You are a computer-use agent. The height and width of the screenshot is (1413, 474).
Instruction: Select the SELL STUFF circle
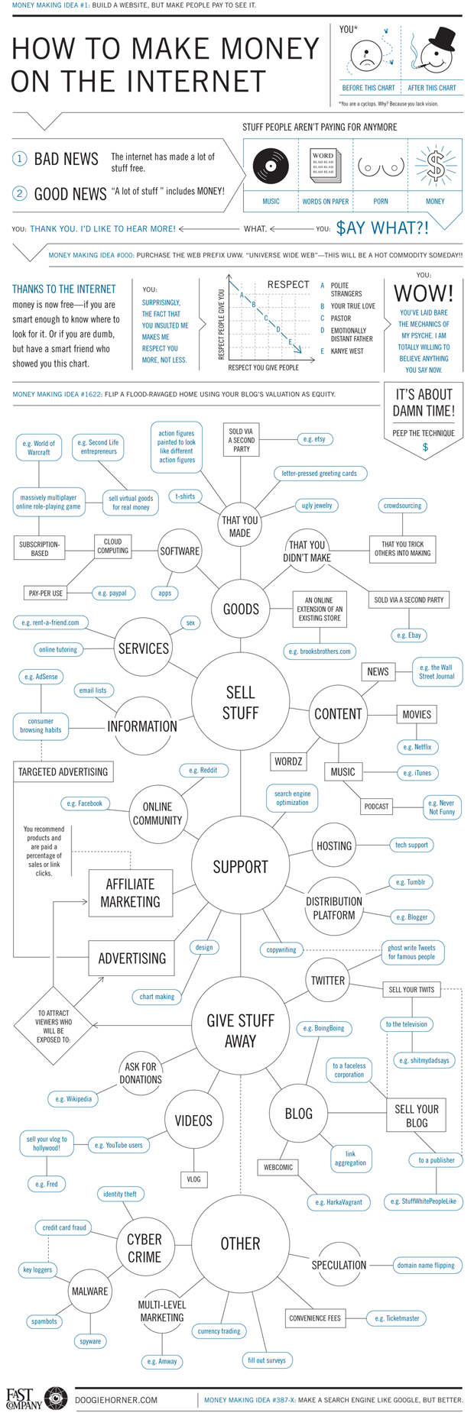240,702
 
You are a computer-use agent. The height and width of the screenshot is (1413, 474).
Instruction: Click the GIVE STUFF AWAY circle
240,1030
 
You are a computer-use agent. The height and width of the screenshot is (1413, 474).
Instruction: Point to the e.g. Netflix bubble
417,747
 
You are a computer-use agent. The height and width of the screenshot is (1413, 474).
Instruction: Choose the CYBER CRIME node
144,1247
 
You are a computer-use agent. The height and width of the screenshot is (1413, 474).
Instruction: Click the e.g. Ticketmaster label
397,1318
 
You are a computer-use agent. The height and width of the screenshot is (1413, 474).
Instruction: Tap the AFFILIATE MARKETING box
130,892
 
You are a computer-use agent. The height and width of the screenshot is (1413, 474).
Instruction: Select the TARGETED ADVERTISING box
63,771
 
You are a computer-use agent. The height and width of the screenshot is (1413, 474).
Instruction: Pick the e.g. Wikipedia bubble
73,1099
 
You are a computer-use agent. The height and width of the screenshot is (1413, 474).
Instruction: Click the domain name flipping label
426,1265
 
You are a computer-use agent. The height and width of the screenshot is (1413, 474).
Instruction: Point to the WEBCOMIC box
278,1167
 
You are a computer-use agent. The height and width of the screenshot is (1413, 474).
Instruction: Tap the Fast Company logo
36,1397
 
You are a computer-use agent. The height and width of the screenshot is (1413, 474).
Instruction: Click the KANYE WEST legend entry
346,351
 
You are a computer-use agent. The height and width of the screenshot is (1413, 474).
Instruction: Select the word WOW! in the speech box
424,293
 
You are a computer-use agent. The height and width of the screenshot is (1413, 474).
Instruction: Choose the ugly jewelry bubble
317,506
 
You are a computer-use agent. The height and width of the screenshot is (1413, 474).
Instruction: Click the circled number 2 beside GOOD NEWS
19,193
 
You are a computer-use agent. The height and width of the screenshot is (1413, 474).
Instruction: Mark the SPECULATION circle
339,1265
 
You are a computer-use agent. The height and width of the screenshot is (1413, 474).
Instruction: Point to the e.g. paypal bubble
112,593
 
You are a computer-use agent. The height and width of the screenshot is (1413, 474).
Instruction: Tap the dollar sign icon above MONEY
436,165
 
